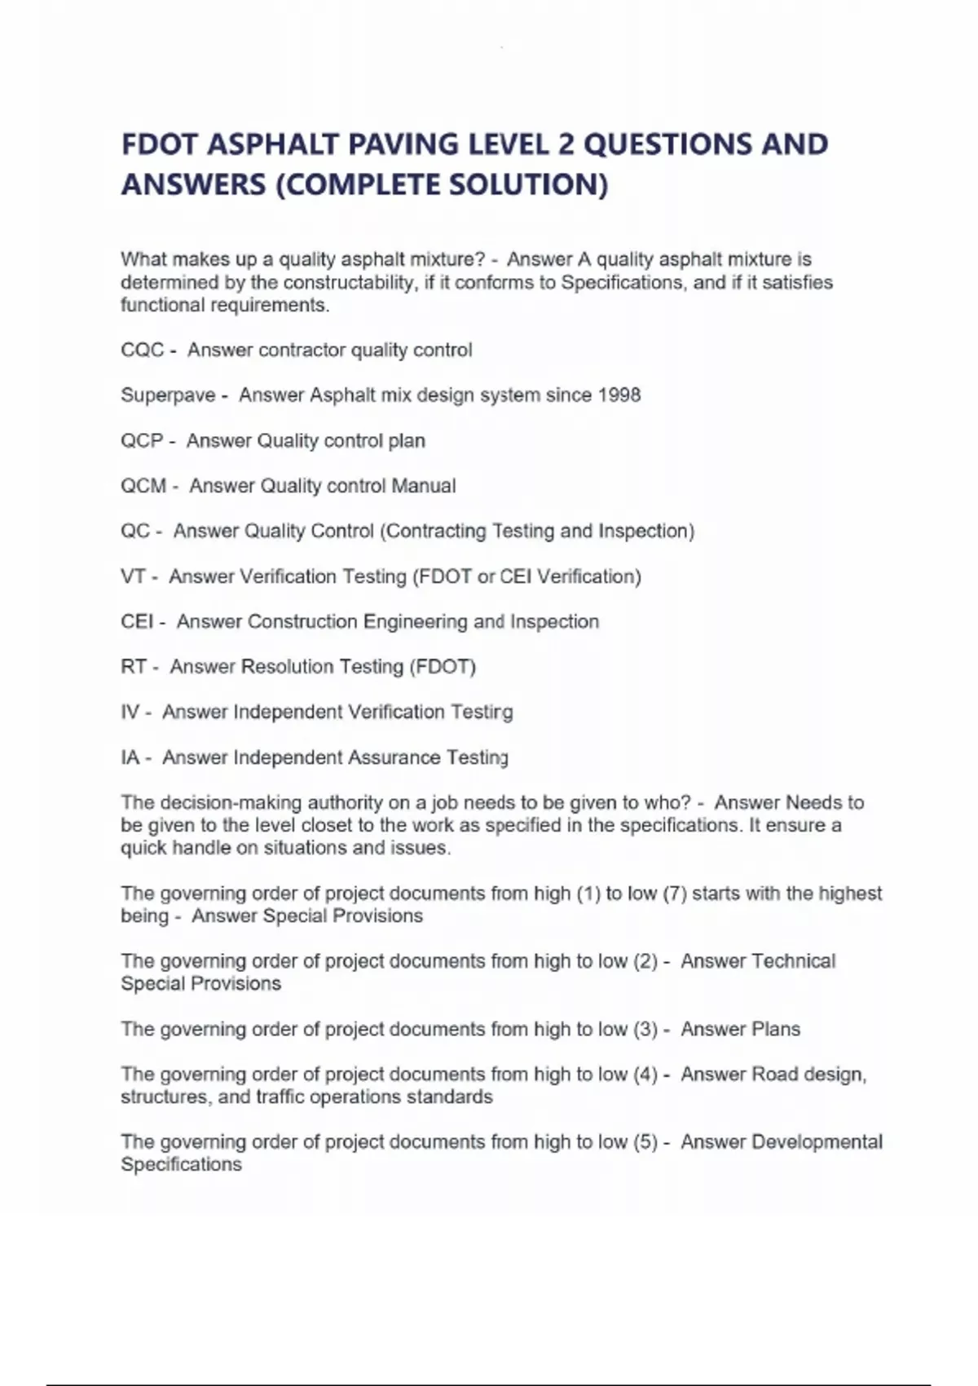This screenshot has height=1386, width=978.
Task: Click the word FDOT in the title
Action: point(160,144)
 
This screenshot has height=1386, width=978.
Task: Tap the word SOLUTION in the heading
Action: point(528,185)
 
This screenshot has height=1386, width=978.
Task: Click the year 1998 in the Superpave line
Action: point(619,395)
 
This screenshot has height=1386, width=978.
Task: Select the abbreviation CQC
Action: point(143,351)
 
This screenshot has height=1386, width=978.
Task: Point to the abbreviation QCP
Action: point(142,441)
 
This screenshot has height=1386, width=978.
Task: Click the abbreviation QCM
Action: point(143,486)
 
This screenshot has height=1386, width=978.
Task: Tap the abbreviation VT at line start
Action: point(133,576)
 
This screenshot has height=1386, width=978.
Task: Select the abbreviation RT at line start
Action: point(134,667)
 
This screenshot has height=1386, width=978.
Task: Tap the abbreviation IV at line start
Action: point(130,713)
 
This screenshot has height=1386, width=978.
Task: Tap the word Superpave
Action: point(168,395)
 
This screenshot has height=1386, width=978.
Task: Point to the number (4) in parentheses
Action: point(645,1075)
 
